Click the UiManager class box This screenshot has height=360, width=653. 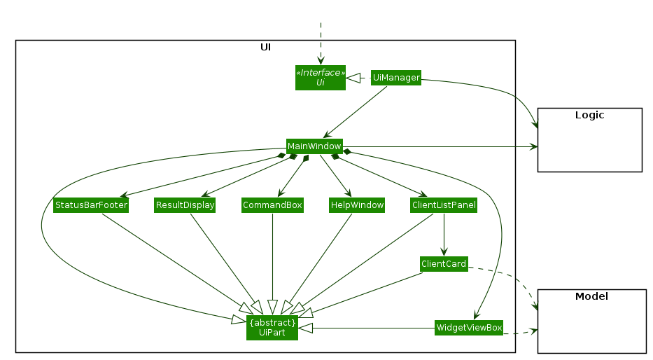click(x=396, y=78)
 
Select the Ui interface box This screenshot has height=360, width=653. click(x=321, y=77)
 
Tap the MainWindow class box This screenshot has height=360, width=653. click(x=314, y=146)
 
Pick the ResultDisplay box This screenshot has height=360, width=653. click(x=185, y=205)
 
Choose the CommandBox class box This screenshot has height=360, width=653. click(x=272, y=205)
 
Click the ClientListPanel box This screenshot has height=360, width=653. click(x=444, y=205)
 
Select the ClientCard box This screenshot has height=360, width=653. click(x=443, y=264)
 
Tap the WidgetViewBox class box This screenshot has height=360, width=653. click(x=469, y=327)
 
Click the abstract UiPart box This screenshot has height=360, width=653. click(x=272, y=327)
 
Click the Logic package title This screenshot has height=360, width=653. click(x=589, y=115)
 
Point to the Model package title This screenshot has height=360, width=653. click(x=591, y=296)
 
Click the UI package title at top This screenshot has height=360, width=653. click(x=265, y=47)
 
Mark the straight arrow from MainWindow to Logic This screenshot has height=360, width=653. click(x=441, y=147)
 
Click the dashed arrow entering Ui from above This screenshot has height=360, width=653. click(x=321, y=42)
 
